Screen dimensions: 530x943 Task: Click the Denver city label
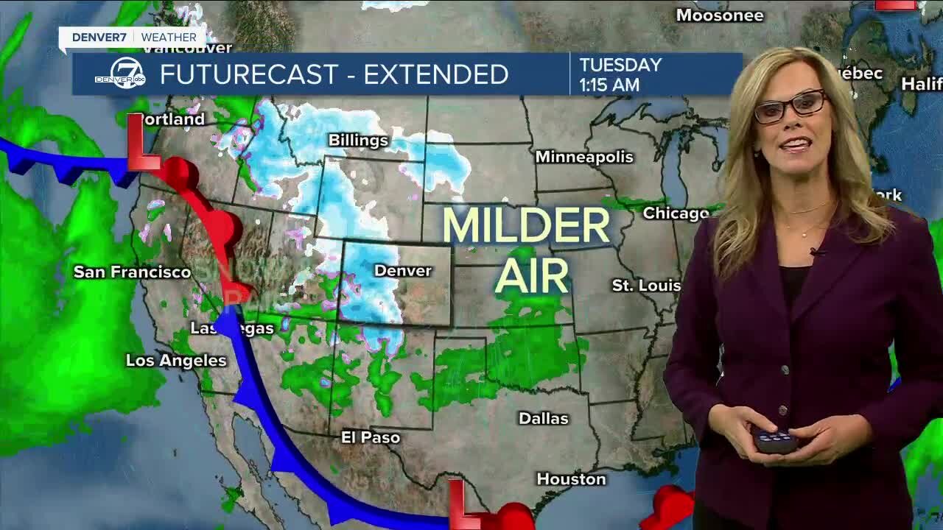402,271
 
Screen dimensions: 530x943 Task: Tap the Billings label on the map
358,140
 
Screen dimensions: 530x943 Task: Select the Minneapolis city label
583,157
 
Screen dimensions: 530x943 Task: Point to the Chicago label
675,213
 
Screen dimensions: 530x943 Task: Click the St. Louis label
645,285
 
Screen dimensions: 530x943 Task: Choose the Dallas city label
544,418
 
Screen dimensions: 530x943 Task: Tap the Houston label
571,479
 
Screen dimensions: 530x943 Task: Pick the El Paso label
371,437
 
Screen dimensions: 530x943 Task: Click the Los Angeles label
176,360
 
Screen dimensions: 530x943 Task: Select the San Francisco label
132,272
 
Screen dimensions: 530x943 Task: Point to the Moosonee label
720,15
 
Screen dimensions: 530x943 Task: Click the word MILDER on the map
527,227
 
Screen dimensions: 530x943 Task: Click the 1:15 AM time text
609,85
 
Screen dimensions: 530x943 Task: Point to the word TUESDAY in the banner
620,65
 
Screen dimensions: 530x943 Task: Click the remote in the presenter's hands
775,439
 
